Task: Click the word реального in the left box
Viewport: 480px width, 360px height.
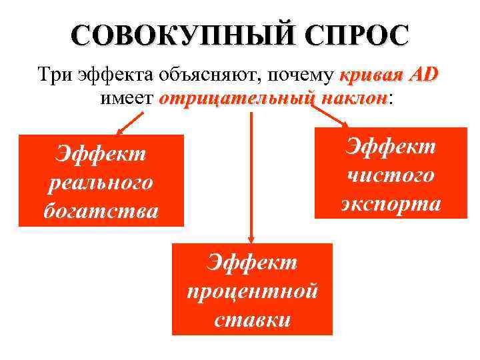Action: click(101, 182)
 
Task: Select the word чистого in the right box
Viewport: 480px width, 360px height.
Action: click(391, 175)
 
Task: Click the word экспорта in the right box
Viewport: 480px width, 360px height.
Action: click(391, 203)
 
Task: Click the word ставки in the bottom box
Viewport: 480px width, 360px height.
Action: click(252, 319)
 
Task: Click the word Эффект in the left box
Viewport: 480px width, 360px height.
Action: click(101, 154)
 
